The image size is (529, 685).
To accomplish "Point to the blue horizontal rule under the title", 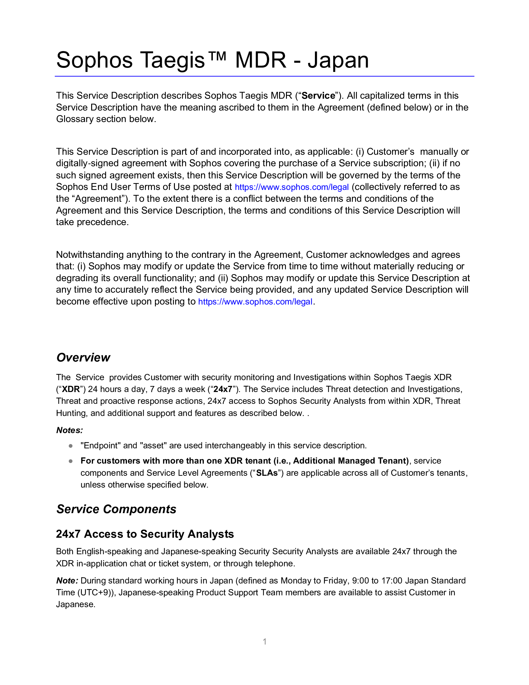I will [x=264, y=76].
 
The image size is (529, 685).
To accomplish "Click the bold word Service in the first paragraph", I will [x=318, y=96].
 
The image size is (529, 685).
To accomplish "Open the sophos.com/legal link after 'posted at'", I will [x=292, y=187].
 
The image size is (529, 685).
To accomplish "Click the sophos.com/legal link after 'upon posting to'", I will [x=255, y=302].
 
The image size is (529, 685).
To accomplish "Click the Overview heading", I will [x=83, y=357].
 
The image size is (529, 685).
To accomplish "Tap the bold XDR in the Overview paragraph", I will [x=71, y=389].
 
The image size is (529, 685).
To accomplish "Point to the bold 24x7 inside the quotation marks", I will [x=223, y=389].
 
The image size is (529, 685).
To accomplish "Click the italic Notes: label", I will [x=70, y=430].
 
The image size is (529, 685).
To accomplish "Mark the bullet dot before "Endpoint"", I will [x=71, y=446].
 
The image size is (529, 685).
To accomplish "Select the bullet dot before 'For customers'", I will [x=71, y=461].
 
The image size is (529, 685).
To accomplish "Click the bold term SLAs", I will [x=267, y=473].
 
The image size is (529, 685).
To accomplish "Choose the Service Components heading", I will [x=116, y=509].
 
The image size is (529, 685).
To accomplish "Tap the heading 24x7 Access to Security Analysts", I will [x=145, y=534].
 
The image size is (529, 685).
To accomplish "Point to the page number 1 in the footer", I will [x=264, y=642].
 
